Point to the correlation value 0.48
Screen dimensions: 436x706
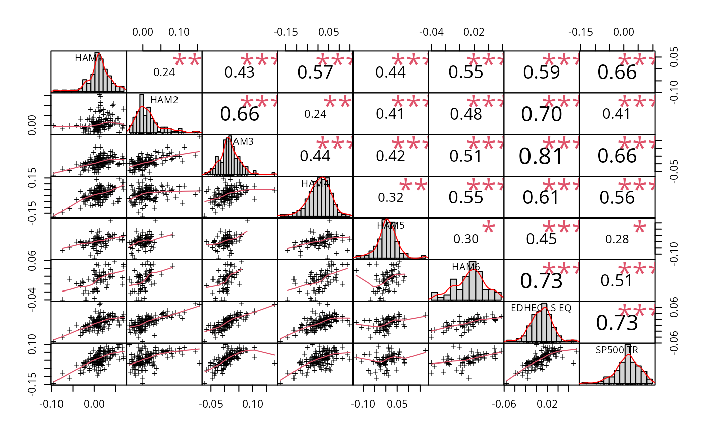[466, 114]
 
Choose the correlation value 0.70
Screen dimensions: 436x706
[542, 114]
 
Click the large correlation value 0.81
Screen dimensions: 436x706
[542, 156]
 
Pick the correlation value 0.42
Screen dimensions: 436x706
[390, 156]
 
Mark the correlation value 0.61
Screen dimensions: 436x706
[542, 197]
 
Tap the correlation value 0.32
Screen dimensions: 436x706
[390, 197]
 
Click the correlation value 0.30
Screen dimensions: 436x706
[466, 239]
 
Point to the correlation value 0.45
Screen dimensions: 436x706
[542, 239]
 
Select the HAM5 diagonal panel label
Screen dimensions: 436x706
[391, 225]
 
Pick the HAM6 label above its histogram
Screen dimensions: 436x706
[466, 267]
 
